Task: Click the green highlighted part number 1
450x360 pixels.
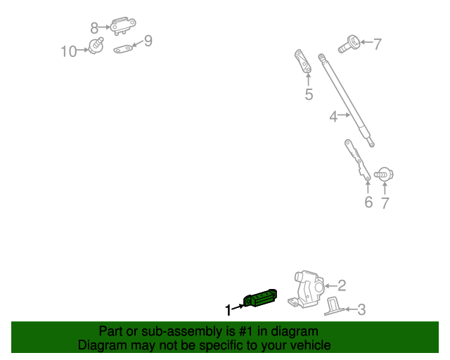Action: click(260, 298)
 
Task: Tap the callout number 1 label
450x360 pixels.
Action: click(228, 310)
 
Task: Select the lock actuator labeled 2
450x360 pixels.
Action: click(307, 289)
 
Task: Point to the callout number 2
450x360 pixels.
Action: click(342, 285)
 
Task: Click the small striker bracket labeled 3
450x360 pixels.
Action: click(333, 307)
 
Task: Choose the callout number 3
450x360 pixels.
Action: click(361, 310)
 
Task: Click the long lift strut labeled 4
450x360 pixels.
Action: click(346, 100)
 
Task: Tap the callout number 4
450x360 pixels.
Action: click(333, 117)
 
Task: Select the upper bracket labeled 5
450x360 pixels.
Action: click(303, 61)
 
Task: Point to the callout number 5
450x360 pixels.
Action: click(309, 94)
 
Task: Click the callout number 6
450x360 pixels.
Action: click(368, 202)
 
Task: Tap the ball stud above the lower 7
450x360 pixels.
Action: click(384, 174)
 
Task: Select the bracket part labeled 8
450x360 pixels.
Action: click(123, 26)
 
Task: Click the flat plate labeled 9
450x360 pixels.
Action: click(123, 49)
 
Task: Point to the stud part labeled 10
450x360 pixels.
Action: click(96, 46)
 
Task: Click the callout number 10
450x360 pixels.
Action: click(69, 51)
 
